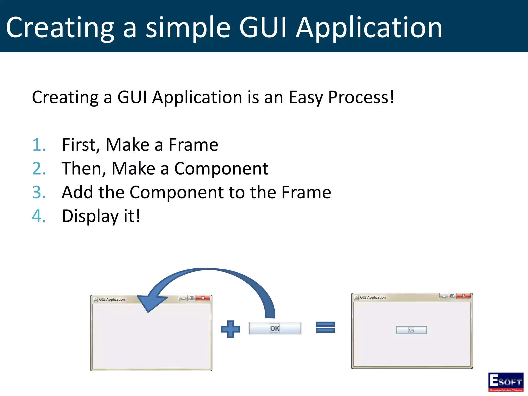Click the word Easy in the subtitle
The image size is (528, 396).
tap(306, 97)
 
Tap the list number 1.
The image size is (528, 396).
tap(39, 145)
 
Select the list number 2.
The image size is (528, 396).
tap(39, 169)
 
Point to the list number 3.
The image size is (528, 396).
tap(39, 192)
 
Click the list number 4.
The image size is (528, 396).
tap(39, 216)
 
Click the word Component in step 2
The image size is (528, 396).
tap(221, 169)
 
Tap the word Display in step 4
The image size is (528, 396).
tap(90, 216)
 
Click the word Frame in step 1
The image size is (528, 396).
tap(193, 145)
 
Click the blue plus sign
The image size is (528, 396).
tap(230, 329)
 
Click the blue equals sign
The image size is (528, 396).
tap(325, 327)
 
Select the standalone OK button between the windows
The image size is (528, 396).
tap(275, 328)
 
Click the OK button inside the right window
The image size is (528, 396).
tap(411, 330)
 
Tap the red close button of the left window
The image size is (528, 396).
tap(203, 298)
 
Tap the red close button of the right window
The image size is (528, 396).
tap(463, 296)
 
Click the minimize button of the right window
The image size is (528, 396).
tap(444, 296)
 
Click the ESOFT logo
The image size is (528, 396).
tap(506, 382)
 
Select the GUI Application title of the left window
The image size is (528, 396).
tap(112, 300)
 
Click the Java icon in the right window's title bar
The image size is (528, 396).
tap(356, 298)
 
